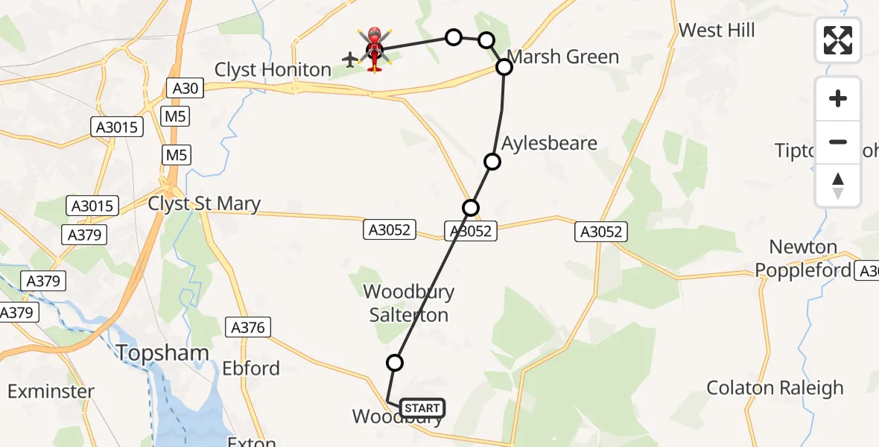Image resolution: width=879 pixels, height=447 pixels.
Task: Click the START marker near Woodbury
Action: pyautogui.click(x=422, y=408)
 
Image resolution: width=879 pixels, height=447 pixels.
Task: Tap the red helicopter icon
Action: pyautogui.click(x=374, y=50)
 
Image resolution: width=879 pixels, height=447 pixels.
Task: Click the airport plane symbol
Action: pyautogui.click(x=350, y=59)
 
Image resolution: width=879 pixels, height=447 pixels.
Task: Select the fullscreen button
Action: pyautogui.click(x=838, y=40)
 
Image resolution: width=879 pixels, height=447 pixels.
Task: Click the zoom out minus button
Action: pyautogui.click(x=838, y=142)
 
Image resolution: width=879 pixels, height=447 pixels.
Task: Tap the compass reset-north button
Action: pyautogui.click(x=838, y=186)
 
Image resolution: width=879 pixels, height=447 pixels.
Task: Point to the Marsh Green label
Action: pyautogui.click(x=562, y=57)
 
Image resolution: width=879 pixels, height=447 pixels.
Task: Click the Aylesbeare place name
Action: pyautogui.click(x=549, y=143)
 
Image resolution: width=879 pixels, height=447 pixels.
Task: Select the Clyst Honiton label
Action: pyautogui.click(x=273, y=70)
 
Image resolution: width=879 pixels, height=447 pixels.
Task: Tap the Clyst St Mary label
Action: pyautogui.click(x=204, y=203)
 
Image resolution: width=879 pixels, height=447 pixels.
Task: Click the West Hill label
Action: pyautogui.click(x=717, y=31)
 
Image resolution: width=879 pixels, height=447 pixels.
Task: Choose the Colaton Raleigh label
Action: pyautogui.click(x=775, y=388)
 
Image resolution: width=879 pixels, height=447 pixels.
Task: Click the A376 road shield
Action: pyautogui.click(x=248, y=327)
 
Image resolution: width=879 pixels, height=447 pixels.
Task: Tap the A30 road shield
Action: pyautogui.click(x=185, y=89)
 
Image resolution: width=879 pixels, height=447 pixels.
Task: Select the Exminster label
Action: pyautogui.click(x=51, y=391)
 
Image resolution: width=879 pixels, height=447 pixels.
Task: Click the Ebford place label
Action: pyautogui.click(x=251, y=368)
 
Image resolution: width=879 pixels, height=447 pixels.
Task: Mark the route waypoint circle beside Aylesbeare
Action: pyautogui.click(x=492, y=161)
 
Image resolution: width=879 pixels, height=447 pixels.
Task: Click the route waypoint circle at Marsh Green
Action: pyautogui.click(x=504, y=67)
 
